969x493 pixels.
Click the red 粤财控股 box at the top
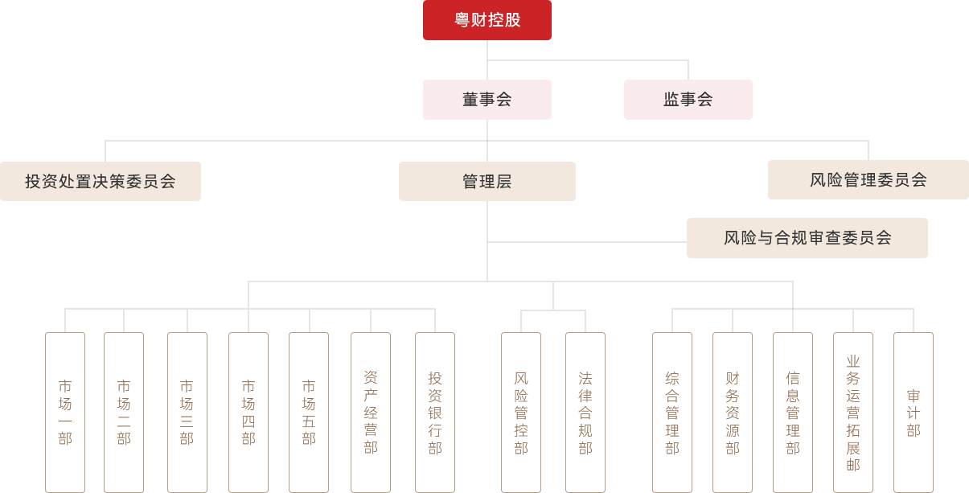click(487, 20)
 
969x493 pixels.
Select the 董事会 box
click(487, 99)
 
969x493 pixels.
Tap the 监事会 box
click(688, 99)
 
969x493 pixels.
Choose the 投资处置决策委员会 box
click(101, 181)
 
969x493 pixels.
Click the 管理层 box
click(487, 181)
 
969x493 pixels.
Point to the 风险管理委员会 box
click(868, 179)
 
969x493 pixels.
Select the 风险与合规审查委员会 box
click(807, 237)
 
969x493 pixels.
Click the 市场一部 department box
click(65, 412)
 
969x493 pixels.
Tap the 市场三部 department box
click(187, 412)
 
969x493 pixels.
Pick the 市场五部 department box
click(309, 412)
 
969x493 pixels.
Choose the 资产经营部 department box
click(371, 412)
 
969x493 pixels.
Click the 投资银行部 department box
click(435, 412)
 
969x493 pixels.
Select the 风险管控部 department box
click(521, 412)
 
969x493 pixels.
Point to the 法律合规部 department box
click(585, 412)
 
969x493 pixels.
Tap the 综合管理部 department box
click(672, 412)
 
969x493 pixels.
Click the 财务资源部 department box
click(733, 412)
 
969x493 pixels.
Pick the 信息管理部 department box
click(793, 412)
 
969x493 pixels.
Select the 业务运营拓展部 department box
click(853, 412)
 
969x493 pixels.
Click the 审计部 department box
click(914, 412)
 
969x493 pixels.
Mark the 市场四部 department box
click(248, 412)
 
